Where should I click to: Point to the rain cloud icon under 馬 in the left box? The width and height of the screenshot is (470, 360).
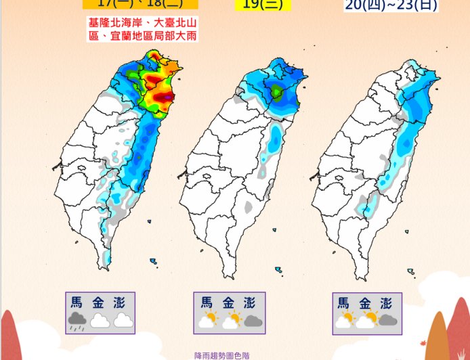77,321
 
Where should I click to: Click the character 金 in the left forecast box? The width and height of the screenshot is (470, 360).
100,302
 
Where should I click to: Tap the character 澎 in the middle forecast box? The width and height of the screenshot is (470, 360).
251,302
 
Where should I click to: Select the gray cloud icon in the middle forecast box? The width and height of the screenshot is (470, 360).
253,321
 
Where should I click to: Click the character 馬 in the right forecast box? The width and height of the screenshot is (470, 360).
345,302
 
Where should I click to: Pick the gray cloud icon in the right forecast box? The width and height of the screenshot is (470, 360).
387,321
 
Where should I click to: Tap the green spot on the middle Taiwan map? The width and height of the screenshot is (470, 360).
276,93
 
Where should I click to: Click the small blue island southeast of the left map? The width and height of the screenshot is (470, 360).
154,261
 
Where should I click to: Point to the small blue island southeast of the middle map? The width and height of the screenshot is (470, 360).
278,269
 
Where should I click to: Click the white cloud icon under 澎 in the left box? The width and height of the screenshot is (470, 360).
123,321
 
